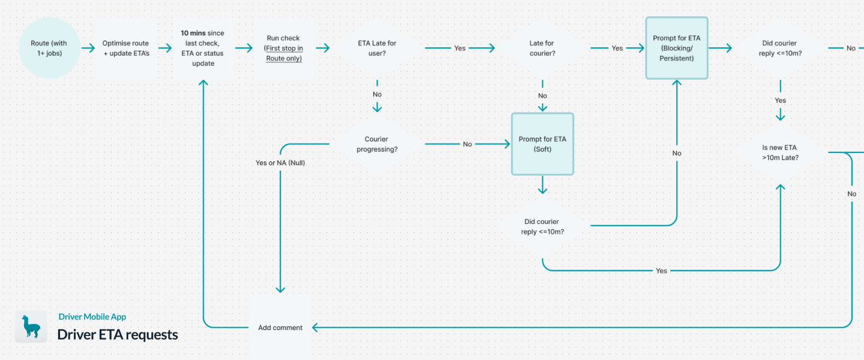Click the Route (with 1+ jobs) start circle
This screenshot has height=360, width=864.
49,48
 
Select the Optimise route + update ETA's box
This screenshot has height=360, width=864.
126,48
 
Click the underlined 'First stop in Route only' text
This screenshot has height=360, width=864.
284,53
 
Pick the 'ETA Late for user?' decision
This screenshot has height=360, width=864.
377,48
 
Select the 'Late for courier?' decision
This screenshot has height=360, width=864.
542,48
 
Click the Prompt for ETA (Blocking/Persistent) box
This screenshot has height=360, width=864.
677,48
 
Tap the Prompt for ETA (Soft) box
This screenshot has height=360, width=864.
542,144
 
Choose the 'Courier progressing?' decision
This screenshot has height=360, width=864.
377,144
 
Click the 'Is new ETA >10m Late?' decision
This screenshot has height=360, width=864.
780,152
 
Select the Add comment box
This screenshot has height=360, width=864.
280,328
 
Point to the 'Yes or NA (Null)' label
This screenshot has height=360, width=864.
280,163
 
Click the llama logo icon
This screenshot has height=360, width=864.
31,327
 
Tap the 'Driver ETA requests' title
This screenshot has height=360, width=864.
118,334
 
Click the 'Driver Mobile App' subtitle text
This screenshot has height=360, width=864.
92,317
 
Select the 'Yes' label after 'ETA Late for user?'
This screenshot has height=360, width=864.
460,48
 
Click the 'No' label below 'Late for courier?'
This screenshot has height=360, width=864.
542,96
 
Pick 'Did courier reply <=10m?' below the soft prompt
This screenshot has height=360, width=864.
542,227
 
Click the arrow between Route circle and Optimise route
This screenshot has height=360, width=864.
88,48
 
